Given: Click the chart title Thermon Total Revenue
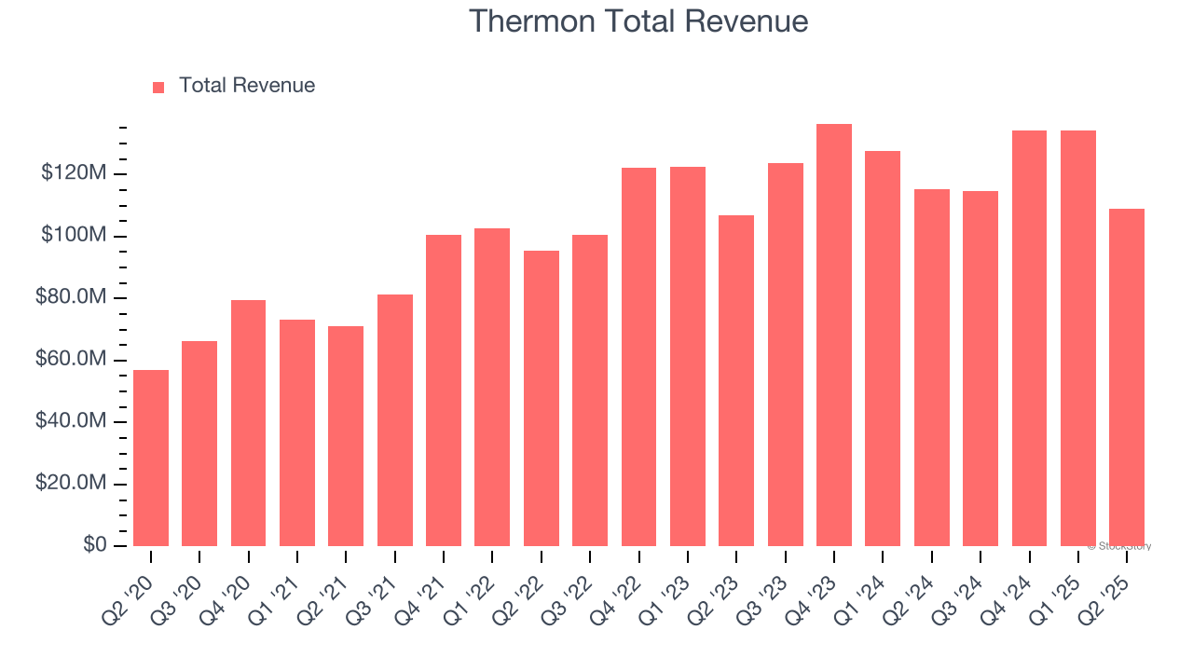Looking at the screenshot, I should click(x=638, y=21).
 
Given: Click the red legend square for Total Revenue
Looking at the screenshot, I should click(x=158, y=87).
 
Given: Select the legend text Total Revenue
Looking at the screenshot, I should click(x=247, y=86).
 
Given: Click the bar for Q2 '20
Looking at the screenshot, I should click(x=151, y=458).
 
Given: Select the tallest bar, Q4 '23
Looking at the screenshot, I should click(x=834, y=335).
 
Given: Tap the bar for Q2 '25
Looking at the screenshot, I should click(x=1127, y=377).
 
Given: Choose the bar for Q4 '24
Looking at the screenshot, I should click(x=1029, y=337).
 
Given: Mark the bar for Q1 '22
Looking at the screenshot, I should click(x=492, y=387).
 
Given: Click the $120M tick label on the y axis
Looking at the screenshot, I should click(x=74, y=173).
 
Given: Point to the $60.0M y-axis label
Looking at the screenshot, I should click(x=72, y=360).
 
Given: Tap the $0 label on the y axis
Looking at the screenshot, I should click(x=96, y=545).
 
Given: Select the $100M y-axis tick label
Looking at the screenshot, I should click(x=74, y=236).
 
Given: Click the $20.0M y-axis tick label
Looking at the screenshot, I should click(x=72, y=484).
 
